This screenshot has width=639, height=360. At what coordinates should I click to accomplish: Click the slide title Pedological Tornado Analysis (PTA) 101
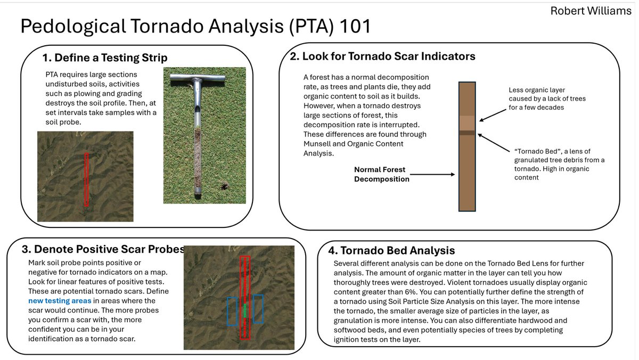(195, 26)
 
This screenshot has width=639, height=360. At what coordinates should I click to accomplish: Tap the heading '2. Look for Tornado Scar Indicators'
(382, 56)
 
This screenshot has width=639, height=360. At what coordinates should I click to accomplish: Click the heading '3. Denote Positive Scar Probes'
(103, 249)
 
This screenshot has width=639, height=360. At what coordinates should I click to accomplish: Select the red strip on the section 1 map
(87, 179)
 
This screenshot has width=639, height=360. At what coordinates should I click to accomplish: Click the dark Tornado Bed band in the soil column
(467, 132)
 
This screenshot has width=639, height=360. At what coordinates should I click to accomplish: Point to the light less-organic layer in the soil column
(467, 122)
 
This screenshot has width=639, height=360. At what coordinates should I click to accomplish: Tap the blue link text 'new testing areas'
(60, 301)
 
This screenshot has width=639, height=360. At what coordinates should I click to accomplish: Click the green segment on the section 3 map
(245, 310)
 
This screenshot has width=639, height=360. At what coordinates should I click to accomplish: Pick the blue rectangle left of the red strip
(232, 311)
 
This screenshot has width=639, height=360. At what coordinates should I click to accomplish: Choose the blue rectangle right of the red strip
(258, 309)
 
